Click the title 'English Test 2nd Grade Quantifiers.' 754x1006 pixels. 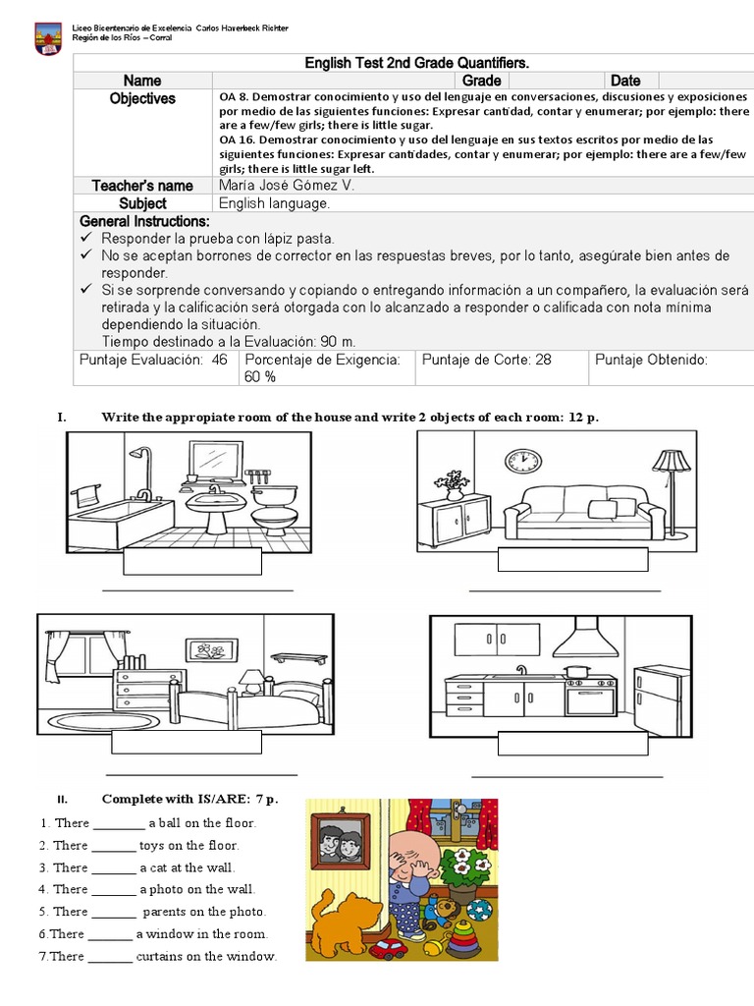pyautogui.click(x=416, y=63)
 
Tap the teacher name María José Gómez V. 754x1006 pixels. pyautogui.click(x=287, y=186)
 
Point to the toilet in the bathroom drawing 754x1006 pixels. pyautogui.click(x=274, y=503)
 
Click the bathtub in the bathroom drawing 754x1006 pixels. pyautogui.click(x=106, y=517)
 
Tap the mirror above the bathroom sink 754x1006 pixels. pyautogui.click(x=216, y=459)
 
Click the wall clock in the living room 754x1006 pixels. pyautogui.click(x=522, y=460)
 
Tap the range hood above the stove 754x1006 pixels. pyautogui.click(x=583, y=643)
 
